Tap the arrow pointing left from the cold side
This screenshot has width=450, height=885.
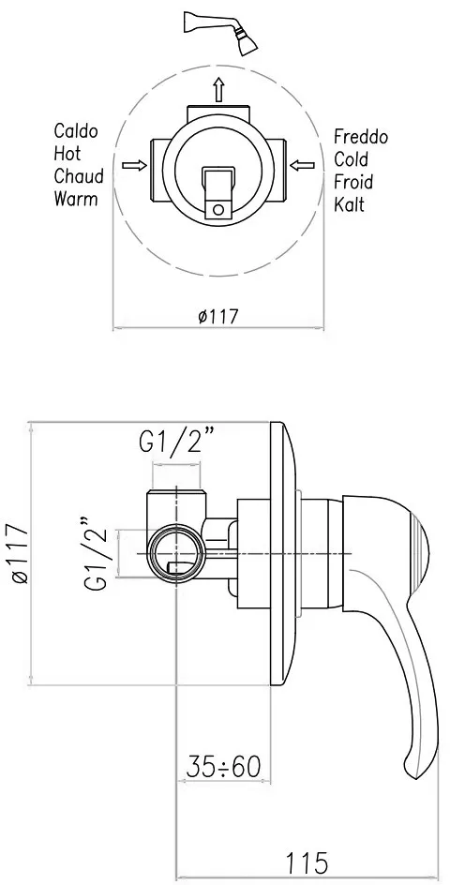tap(302, 165)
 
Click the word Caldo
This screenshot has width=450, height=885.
tap(76, 131)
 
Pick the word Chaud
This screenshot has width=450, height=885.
tap(79, 175)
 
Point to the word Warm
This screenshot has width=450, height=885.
tap(76, 199)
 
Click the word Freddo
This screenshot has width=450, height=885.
tap(361, 137)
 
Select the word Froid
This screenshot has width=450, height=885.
tap(353, 182)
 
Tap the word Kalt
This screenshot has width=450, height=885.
tap(349, 203)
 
